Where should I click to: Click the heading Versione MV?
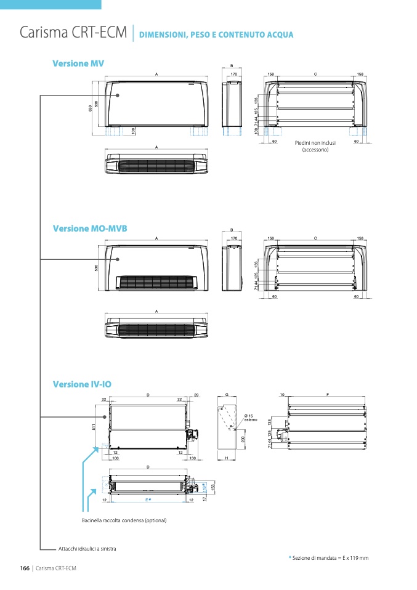[78, 63]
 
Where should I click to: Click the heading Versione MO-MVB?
[90, 228]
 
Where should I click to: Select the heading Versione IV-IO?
[82, 384]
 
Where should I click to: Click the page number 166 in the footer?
[25, 568]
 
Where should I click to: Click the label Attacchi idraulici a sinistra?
[87, 548]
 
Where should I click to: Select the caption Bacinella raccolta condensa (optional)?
[124, 521]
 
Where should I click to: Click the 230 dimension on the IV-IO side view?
[244, 439]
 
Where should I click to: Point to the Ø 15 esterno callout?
[252, 418]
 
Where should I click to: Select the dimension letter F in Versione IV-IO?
[328, 394]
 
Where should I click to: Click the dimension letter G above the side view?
[227, 394]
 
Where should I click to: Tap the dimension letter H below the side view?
[227, 459]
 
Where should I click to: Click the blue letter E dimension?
[148, 500]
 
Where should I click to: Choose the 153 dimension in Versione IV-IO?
[213, 487]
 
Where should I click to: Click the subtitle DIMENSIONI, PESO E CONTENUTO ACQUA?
[216, 34]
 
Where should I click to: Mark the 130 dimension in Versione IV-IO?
[192, 459]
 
